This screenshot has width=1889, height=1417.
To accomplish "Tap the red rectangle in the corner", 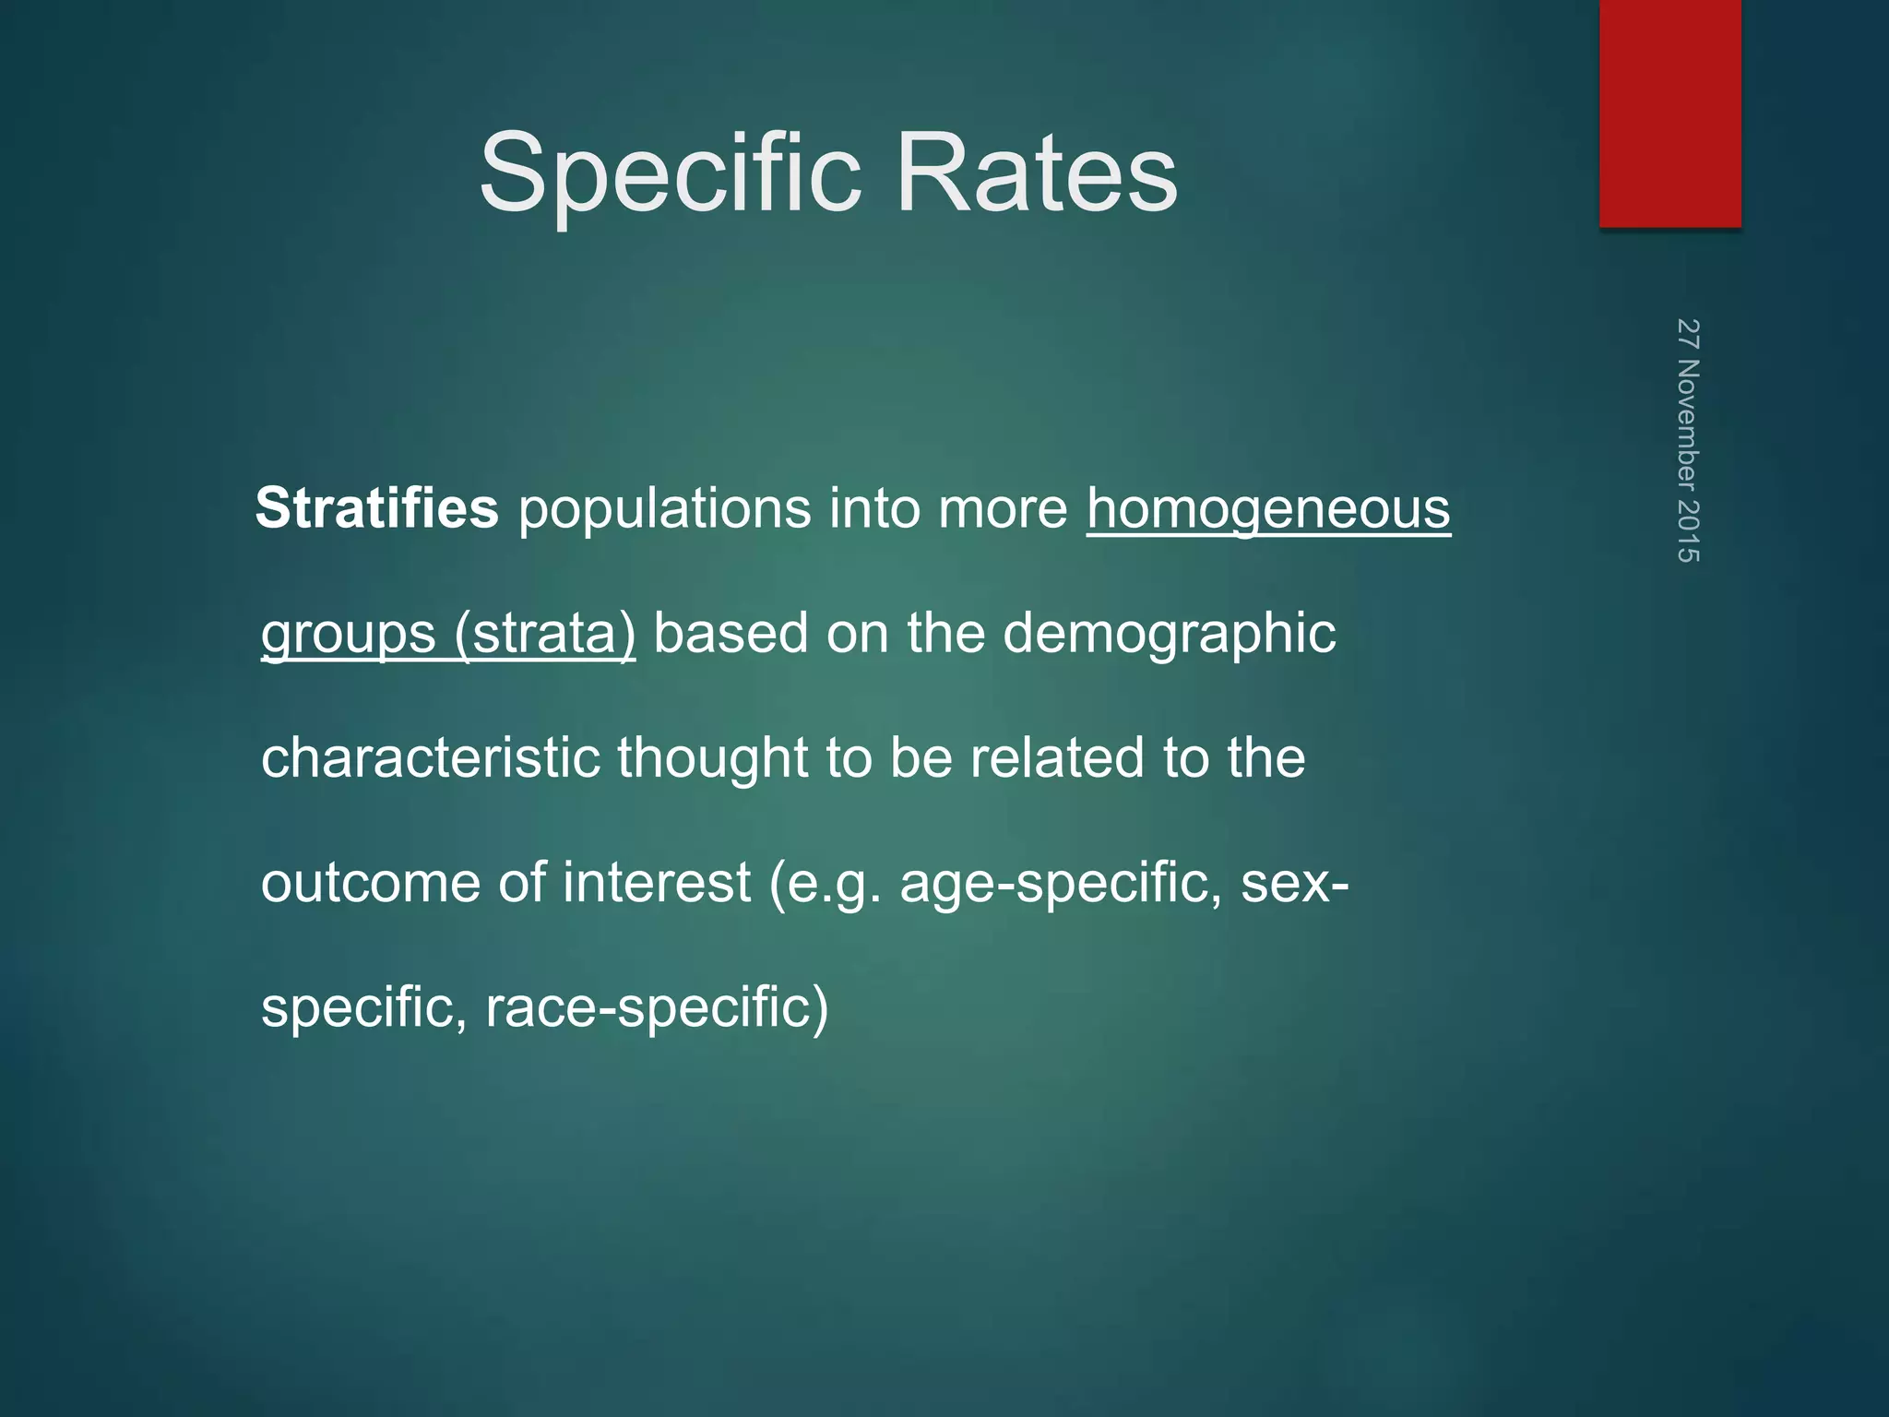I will [1669, 113].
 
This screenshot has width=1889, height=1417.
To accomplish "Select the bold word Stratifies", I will [376, 508].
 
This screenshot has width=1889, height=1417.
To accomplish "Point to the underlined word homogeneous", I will [1268, 508].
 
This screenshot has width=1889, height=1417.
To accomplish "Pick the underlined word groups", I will [348, 634].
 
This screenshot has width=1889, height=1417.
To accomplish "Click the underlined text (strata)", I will [545, 634].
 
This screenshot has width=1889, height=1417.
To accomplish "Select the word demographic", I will [1169, 634].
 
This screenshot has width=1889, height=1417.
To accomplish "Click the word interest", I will [656, 883].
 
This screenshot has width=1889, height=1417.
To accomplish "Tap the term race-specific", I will [656, 1006].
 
